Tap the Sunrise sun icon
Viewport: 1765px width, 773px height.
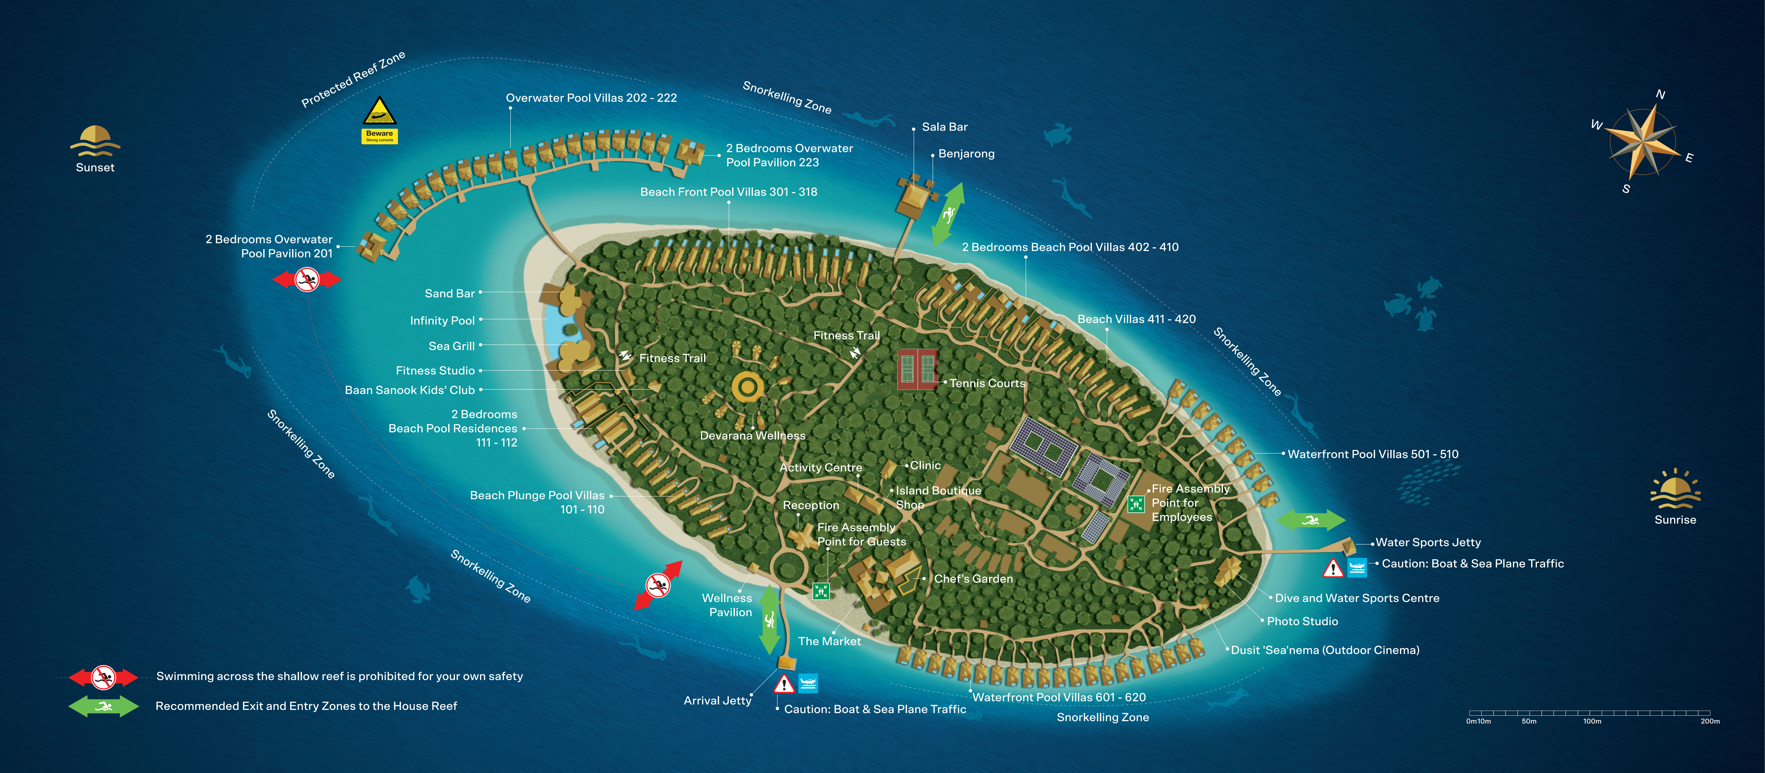(1675, 492)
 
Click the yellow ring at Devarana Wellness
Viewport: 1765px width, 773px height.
(748, 388)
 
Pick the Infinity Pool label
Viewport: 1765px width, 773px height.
(442, 320)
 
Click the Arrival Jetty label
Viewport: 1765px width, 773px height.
(717, 700)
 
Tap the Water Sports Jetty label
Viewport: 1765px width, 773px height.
(1428, 542)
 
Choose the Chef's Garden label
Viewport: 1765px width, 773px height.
(973, 578)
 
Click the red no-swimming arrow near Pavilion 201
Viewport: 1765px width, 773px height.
(307, 279)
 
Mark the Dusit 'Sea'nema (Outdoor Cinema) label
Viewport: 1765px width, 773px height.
(1324, 650)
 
